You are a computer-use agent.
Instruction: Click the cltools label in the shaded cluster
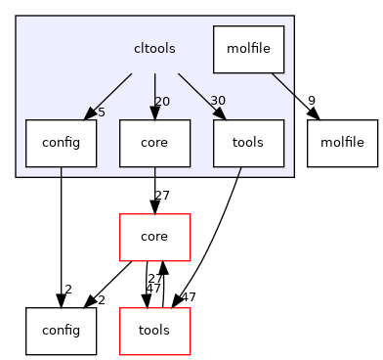(154, 48)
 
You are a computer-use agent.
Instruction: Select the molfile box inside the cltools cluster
(249, 48)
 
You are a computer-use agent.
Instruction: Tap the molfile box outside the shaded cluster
(342, 142)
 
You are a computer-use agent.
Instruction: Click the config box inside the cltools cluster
(61, 142)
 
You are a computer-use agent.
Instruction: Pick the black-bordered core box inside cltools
(154, 142)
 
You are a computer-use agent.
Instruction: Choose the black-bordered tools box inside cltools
(249, 142)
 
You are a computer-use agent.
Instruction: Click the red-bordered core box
(154, 237)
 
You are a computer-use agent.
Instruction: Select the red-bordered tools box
(154, 331)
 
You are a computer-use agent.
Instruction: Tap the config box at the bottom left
(61, 331)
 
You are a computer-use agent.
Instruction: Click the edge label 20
(163, 103)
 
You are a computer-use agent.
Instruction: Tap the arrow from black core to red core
(154, 189)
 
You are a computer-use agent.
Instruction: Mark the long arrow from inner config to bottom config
(61, 235)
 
